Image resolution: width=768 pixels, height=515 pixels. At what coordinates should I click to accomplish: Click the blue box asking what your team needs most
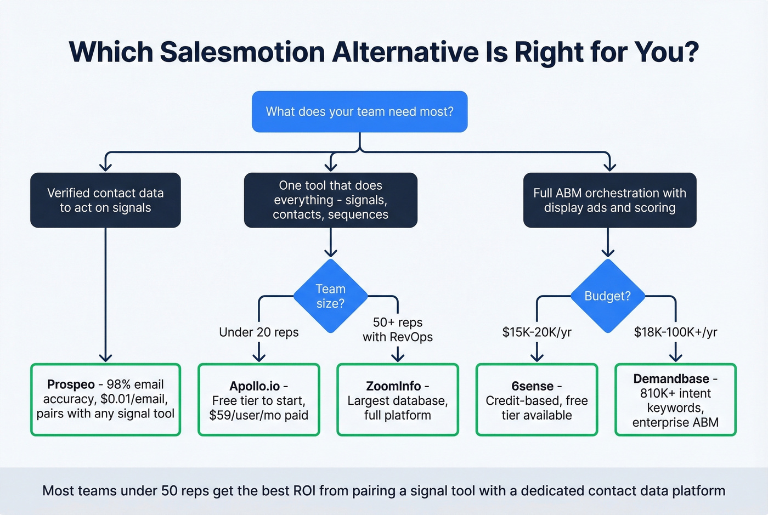pos(359,112)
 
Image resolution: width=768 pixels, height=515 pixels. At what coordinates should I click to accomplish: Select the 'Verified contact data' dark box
pos(105,200)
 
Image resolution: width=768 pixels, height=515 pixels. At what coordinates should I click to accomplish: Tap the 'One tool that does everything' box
pos(330,200)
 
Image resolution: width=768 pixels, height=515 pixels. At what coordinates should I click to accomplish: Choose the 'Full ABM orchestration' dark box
pos(609,200)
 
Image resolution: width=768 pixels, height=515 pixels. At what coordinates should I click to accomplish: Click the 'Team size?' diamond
pos(330,296)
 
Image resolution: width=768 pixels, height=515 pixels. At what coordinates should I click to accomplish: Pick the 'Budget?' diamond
pos(607,296)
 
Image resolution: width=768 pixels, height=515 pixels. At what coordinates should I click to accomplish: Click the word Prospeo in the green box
pos(71,384)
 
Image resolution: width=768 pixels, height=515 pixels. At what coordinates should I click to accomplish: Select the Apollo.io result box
pos(258,400)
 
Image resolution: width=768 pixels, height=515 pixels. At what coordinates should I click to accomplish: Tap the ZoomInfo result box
pos(397,400)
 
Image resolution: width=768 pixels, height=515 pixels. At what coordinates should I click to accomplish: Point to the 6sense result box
pos(537,400)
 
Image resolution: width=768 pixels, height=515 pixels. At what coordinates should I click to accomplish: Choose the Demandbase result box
pos(675,400)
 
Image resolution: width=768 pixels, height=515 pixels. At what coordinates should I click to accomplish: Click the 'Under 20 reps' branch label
pos(258,332)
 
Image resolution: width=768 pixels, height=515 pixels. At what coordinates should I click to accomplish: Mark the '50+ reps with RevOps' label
pos(397,330)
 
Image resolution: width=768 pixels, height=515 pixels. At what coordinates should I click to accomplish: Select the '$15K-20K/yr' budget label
pos(537,332)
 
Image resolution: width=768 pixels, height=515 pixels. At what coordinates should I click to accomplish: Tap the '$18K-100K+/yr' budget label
pos(675,332)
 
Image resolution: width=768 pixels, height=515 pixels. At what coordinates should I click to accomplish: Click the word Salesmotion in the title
pos(242,53)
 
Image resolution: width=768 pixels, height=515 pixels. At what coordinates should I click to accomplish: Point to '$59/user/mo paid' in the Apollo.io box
pos(258,415)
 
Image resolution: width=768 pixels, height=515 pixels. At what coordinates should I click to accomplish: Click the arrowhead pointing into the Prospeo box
pos(105,358)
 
